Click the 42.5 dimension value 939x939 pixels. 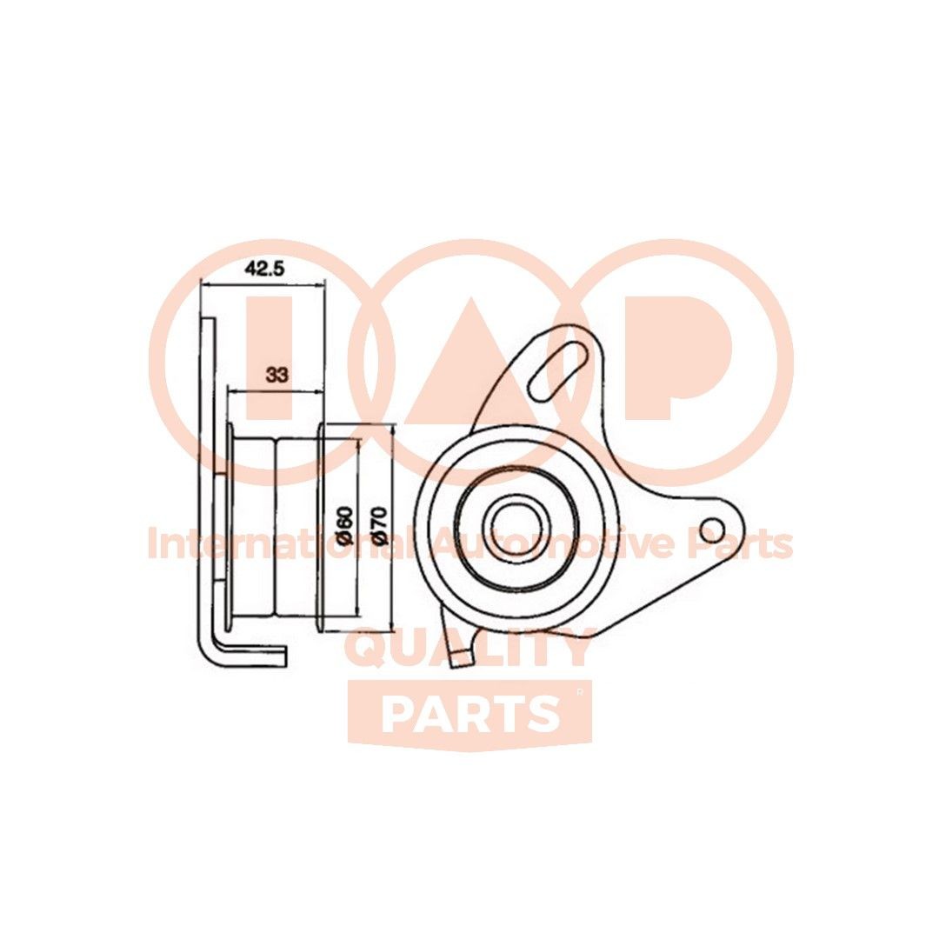coord(264,269)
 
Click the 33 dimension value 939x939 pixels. coord(276,376)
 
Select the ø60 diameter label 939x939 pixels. coord(344,526)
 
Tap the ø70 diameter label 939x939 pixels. coord(378,526)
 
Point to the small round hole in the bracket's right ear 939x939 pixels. coord(712,528)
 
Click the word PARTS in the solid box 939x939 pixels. coord(469,714)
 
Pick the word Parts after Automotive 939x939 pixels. coord(743,544)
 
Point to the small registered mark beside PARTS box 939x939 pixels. coord(580,692)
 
